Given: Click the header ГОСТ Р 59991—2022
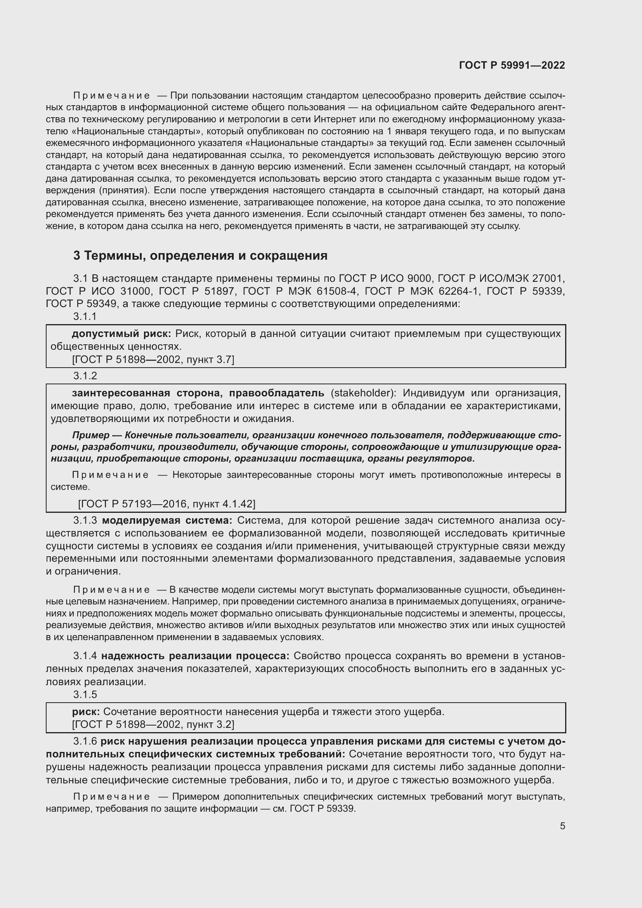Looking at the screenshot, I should point(512,66).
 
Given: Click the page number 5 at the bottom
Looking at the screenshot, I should point(562,826).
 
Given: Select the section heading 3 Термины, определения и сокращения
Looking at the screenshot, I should point(200,256).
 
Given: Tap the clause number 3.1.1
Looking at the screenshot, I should point(85,316).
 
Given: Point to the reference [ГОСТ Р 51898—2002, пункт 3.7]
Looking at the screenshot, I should point(153,359).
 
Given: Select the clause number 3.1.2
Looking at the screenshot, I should point(85,376).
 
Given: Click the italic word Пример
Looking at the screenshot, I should point(90,436).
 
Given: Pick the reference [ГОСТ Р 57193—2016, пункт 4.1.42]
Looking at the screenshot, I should point(167,504).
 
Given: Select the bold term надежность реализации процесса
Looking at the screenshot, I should point(195,656).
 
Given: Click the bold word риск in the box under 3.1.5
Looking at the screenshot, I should point(85,712).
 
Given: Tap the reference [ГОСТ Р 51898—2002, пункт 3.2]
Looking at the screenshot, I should point(153,724).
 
